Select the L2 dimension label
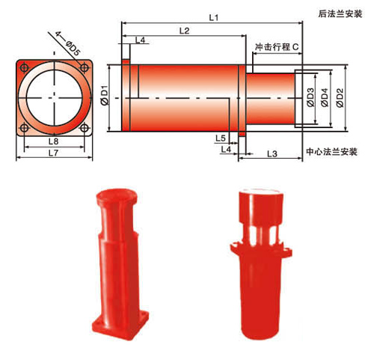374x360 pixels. pyautogui.click(x=184, y=30)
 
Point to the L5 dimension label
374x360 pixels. pyautogui.click(x=221, y=138)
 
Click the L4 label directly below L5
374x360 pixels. pyautogui.click(x=225, y=150)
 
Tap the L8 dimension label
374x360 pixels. pyautogui.click(x=52, y=141)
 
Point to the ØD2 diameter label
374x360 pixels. pyautogui.click(x=340, y=97)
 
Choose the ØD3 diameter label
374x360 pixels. pyautogui.click(x=309, y=97)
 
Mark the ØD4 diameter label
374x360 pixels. pyautogui.click(x=324, y=97)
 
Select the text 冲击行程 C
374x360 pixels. pyautogui.click(x=278, y=47)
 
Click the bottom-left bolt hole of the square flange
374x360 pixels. pyautogui.click(x=26, y=127)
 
